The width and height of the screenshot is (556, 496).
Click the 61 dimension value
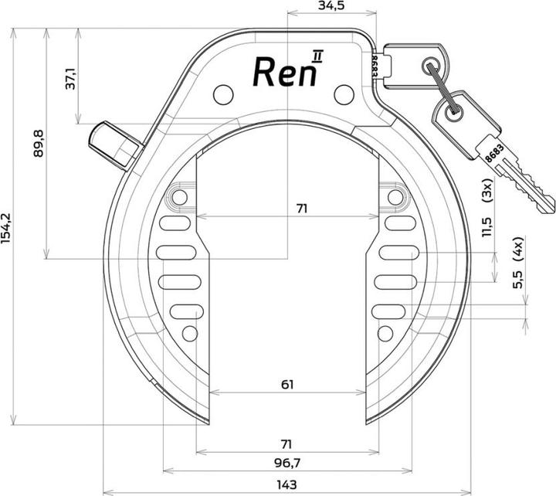point(286,384)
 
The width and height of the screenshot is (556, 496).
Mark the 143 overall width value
point(286,486)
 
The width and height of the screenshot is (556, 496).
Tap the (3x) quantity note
point(486,191)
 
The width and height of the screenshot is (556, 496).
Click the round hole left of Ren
point(222,94)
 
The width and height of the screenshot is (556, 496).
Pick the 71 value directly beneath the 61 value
point(286,444)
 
